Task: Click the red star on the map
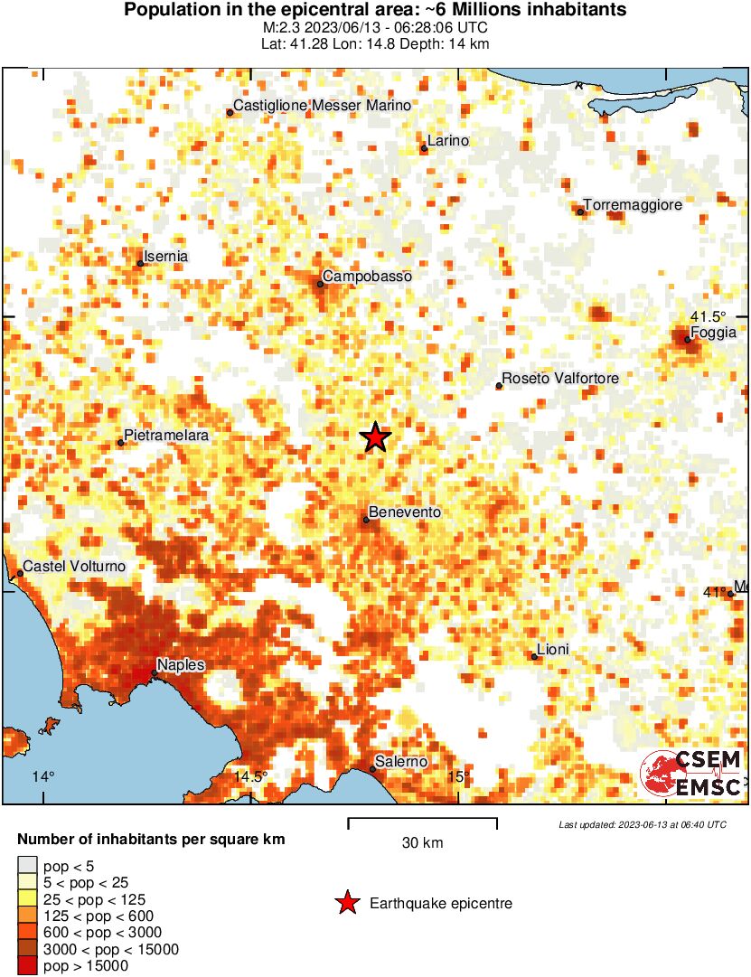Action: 376,437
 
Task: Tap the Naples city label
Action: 181,665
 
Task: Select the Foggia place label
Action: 714,333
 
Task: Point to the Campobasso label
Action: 367,276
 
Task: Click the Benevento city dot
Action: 366,520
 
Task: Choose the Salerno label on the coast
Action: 401,762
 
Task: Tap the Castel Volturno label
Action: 74,567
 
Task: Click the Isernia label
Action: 166,257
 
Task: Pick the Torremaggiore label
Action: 633,205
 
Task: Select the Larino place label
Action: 448,141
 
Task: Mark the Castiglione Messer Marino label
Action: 323,106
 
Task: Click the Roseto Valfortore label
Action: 560,378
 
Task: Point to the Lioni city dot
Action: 535,657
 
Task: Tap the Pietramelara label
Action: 166,436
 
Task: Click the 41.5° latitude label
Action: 709,316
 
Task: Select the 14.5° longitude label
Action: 251,776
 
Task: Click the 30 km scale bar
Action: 422,822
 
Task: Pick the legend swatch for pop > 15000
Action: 28,966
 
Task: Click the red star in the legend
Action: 346,903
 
